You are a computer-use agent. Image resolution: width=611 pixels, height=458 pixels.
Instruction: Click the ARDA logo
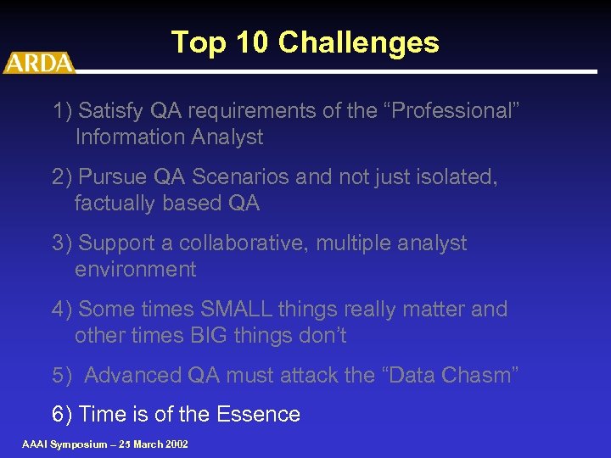click(x=38, y=63)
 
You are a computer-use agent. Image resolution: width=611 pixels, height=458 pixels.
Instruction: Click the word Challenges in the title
click(x=358, y=42)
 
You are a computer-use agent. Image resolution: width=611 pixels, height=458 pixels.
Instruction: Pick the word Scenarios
click(x=239, y=176)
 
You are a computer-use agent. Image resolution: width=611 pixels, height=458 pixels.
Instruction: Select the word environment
click(x=135, y=269)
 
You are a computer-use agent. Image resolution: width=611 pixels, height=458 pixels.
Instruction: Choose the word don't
click(x=318, y=335)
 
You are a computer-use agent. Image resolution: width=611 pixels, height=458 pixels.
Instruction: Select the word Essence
click(x=258, y=414)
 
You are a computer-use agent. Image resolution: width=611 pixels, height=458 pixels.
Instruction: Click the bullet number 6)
click(x=62, y=414)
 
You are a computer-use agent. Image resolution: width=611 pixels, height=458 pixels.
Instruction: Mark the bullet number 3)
click(x=62, y=243)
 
